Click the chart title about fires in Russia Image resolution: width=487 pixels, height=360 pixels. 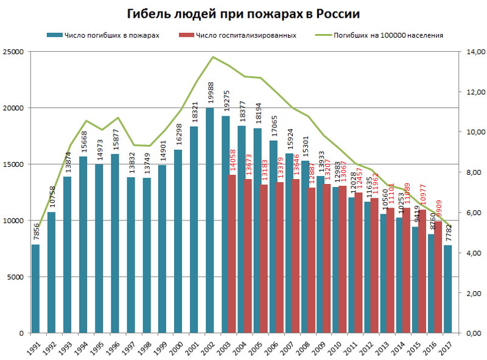(x=243, y=14)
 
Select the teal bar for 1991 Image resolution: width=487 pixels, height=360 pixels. (x=36, y=288)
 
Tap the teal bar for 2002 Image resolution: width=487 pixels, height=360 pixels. (x=210, y=221)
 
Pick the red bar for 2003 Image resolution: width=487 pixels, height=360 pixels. (x=232, y=253)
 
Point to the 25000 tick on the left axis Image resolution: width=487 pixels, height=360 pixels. (x=13, y=52)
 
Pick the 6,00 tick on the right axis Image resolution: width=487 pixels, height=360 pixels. (x=474, y=213)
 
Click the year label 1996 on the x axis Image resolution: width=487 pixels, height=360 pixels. (x=114, y=347)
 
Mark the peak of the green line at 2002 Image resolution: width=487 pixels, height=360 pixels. (x=212, y=57)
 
